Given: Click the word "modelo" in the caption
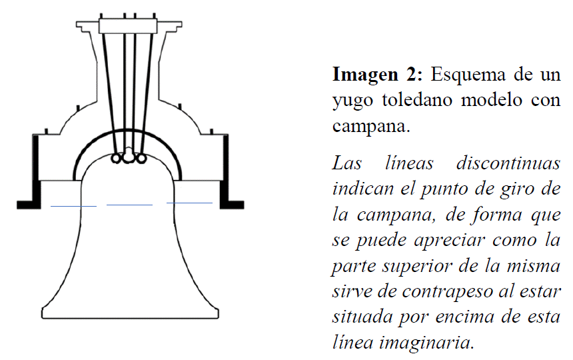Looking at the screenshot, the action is [x=500, y=101].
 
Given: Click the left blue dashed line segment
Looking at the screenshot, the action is [x=73, y=206].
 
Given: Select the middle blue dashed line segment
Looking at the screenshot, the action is [x=130, y=203].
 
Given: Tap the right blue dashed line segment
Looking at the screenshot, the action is [x=189, y=202].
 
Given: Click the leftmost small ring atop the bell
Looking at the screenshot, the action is [x=116, y=159].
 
